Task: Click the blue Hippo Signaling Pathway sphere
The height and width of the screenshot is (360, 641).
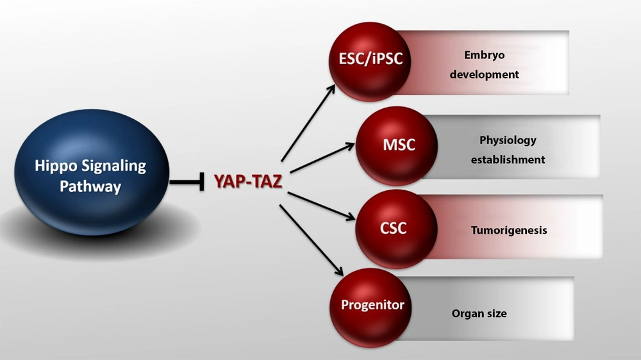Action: [x=92, y=172]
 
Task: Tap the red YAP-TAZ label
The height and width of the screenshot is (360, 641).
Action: [x=248, y=181]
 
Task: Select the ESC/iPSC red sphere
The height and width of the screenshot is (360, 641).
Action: [x=370, y=61]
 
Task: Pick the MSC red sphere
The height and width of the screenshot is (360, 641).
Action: [x=397, y=146]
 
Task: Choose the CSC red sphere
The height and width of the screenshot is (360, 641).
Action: [x=396, y=229]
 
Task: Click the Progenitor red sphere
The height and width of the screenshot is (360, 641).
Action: [x=370, y=307]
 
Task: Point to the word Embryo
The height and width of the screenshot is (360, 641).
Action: [x=485, y=55]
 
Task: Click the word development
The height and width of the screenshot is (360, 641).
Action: [x=485, y=74]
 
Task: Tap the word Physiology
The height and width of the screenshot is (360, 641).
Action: [x=508, y=140]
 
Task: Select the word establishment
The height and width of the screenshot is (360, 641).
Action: [x=508, y=160]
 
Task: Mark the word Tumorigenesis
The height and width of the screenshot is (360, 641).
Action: [x=509, y=231]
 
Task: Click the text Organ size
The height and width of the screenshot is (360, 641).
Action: [x=479, y=313]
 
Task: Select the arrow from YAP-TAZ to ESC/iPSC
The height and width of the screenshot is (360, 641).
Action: [x=308, y=123]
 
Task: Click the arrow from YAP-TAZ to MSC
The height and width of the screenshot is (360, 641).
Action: [x=322, y=158]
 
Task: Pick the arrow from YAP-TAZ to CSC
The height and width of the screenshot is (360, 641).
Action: [x=321, y=206]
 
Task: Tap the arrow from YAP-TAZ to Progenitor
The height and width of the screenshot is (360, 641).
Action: [x=312, y=240]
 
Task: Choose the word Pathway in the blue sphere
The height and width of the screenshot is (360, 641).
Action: [x=90, y=187]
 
